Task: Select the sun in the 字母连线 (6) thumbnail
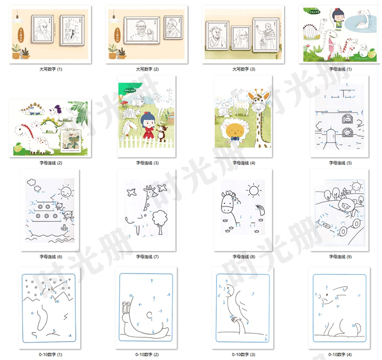pyautogui.click(x=66, y=192)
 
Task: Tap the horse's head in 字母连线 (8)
pyautogui.click(x=228, y=204)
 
